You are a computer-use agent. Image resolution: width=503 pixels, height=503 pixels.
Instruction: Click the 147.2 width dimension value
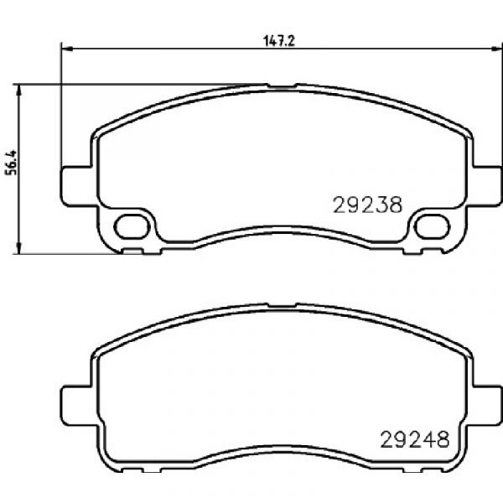pos(279,41)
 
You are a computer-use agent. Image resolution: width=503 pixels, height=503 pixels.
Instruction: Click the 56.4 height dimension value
pos(11,163)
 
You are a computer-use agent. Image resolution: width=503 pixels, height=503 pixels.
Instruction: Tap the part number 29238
pos(368,205)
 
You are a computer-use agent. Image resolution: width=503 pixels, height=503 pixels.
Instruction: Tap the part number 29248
pos(414,439)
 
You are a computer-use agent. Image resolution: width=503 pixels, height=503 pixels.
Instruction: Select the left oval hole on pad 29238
pos(132,227)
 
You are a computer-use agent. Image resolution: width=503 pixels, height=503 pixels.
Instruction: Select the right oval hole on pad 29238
pos(432,227)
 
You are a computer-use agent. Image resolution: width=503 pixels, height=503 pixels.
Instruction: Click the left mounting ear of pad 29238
pos(78,186)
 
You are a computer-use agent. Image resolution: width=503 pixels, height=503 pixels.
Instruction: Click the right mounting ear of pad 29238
pos(485,186)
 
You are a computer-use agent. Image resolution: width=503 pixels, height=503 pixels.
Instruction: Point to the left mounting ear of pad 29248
pos(78,406)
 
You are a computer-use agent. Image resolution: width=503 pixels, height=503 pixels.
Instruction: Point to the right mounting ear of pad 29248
pos(485,406)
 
